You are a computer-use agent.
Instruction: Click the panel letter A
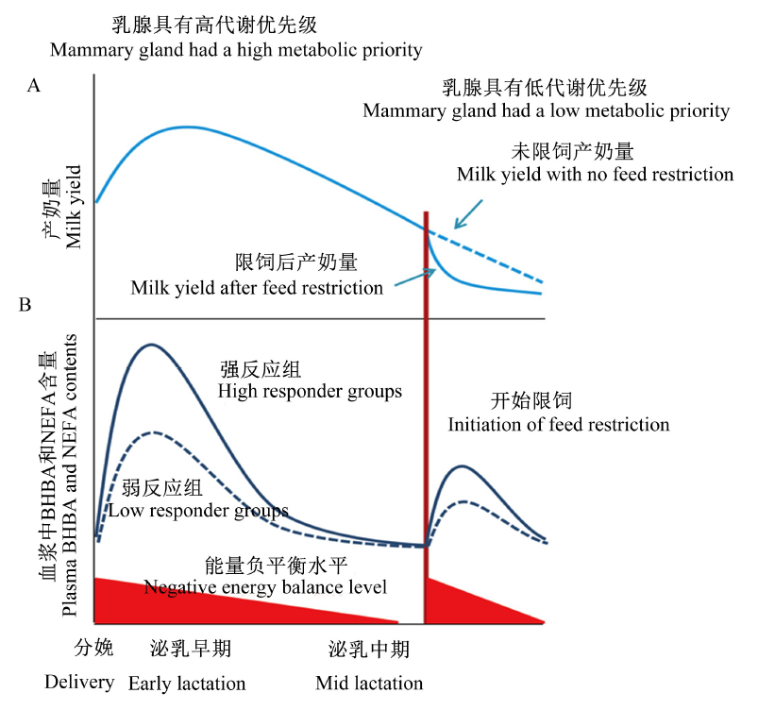(x=33, y=86)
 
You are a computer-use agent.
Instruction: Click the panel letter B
(x=25, y=305)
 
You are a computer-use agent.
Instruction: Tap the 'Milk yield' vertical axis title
(x=74, y=207)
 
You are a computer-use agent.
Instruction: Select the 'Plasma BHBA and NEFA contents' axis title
(x=69, y=475)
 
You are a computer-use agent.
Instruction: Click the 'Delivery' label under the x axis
(x=79, y=682)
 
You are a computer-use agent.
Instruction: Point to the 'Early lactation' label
(x=187, y=684)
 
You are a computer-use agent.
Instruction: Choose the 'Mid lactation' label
(x=369, y=683)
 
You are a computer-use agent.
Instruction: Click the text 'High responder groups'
(x=310, y=391)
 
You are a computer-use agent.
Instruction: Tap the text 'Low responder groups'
(x=198, y=510)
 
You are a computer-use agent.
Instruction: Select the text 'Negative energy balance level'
(x=265, y=587)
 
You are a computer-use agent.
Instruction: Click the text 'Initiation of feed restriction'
(x=559, y=425)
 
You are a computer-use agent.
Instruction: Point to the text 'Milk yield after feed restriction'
(x=257, y=288)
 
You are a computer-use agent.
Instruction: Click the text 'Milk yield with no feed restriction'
(x=595, y=174)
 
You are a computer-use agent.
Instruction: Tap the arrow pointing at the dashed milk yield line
(x=468, y=213)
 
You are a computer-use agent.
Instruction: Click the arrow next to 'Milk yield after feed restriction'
(x=415, y=278)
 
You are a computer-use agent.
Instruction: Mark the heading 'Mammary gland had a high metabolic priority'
(x=236, y=50)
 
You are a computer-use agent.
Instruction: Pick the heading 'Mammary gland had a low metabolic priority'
(x=547, y=110)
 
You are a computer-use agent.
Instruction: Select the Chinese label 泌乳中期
(x=369, y=649)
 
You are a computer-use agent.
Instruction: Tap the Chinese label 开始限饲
(x=531, y=400)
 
